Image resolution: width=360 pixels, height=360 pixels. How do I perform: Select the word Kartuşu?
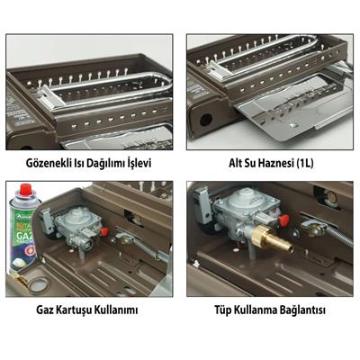[84, 310]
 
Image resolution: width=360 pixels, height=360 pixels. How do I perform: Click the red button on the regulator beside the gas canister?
[105, 230]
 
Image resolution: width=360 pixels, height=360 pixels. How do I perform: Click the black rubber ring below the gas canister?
[36, 286]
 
